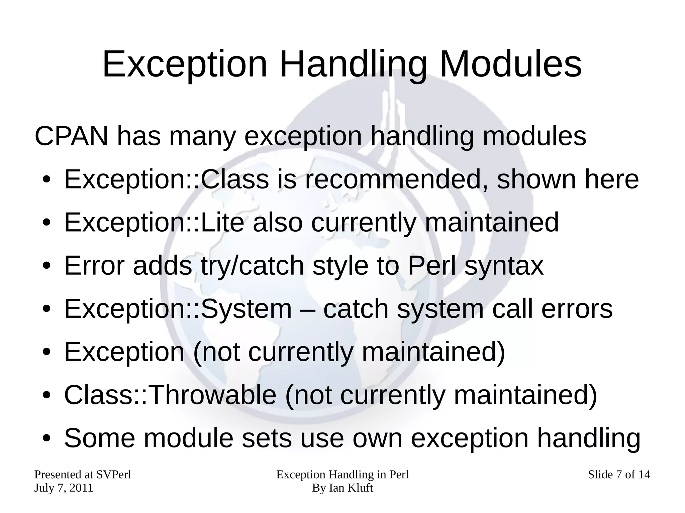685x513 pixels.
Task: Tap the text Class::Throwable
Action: (x=170, y=395)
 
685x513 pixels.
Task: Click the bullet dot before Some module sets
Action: (x=46, y=438)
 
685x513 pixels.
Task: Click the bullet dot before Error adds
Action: (x=46, y=266)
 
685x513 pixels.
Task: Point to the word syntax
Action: (x=504, y=266)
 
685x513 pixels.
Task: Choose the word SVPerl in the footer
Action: (x=114, y=475)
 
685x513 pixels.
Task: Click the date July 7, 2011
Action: (x=64, y=488)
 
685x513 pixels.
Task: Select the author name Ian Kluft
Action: (x=351, y=488)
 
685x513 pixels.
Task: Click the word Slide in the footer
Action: (x=600, y=475)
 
